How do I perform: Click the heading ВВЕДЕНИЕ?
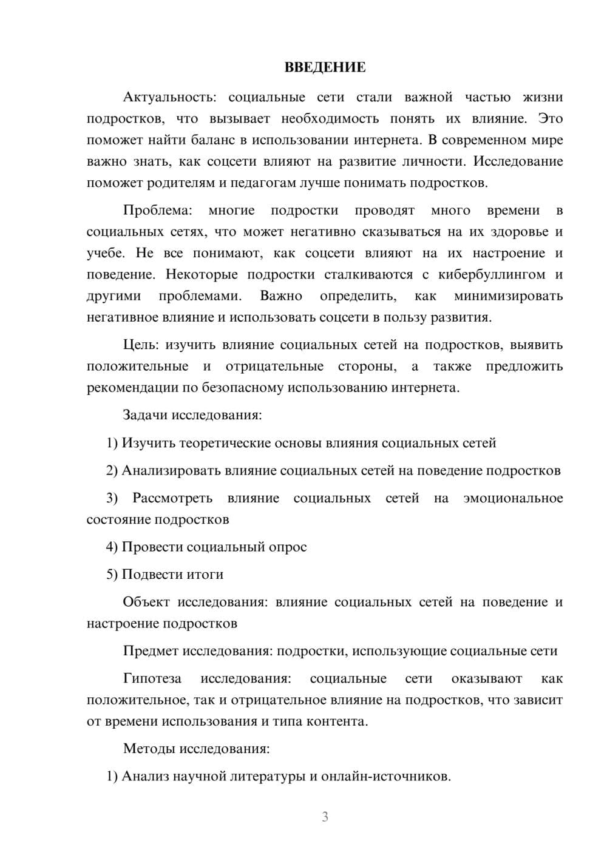pos(325,67)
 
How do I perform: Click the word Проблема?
pos(157,211)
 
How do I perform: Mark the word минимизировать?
pos(508,296)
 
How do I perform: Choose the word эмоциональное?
pos(513,498)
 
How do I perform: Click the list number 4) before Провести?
pos(112,547)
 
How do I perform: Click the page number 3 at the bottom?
pos(325,817)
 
